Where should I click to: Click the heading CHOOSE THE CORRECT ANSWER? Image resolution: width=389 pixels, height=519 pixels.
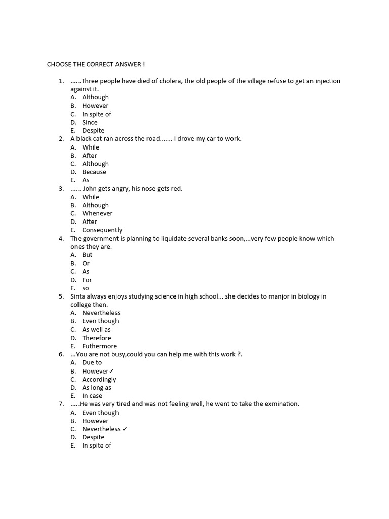click(96, 64)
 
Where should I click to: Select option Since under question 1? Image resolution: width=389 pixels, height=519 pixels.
click(90, 122)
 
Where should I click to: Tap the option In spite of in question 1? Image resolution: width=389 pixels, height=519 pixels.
click(97, 114)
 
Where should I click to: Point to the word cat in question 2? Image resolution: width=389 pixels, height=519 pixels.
click(100, 139)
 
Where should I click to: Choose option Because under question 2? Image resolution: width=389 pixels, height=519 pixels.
click(94, 172)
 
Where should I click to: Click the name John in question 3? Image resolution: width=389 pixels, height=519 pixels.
click(90, 189)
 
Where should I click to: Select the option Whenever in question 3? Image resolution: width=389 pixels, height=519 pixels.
click(97, 213)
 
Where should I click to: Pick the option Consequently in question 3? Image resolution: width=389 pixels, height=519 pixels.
click(102, 230)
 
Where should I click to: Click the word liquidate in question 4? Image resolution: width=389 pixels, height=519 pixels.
click(178, 238)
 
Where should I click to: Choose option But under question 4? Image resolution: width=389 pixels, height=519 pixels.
click(87, 255)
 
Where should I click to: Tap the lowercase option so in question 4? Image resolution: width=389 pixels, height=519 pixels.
click(86, 288)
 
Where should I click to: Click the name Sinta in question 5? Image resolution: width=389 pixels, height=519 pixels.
click(79, 296)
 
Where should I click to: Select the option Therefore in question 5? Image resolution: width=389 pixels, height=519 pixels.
click(96, 338)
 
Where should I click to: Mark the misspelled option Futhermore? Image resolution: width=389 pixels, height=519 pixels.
click(99, 346)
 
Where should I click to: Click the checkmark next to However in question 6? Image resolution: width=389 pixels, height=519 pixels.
click(111, 371)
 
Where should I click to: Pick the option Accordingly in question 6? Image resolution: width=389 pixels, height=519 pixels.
click(99, 379)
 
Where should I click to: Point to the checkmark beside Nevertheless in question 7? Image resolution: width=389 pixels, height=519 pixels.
click(125, 429)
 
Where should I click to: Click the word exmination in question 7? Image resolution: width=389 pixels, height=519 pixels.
click(277, 404)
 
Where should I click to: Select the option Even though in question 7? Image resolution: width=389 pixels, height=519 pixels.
click(100, 413)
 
